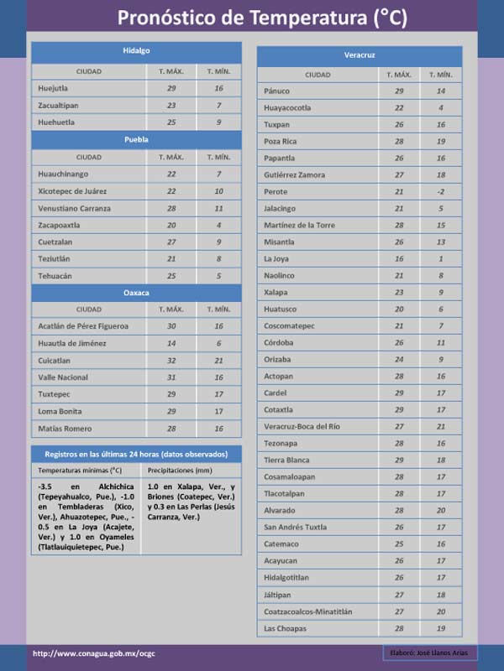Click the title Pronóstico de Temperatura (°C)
(262, 18)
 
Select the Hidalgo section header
(136, 51)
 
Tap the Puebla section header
(136, 139)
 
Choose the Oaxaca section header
(136, 292)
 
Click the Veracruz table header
(360, 55)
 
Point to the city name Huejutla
(53, 88)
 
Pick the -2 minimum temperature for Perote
(441, 192)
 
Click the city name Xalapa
(276, 293)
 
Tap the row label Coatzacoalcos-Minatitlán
(307, 611)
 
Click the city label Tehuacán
(55, 276)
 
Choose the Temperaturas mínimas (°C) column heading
(80, 471)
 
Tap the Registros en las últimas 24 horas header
(136, 454)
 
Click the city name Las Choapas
(285, 628)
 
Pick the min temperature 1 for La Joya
(441, 259)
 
